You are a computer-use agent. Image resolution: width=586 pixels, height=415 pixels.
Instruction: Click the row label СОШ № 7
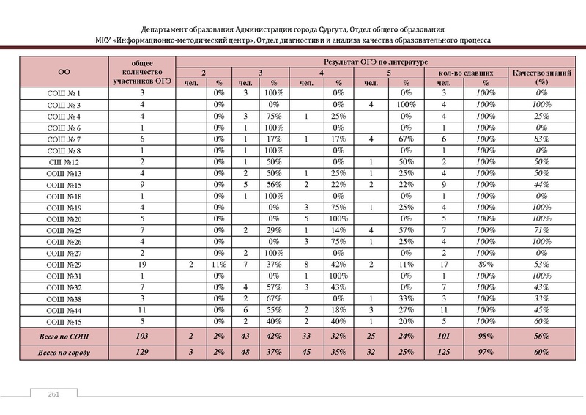pyautogui.click(x=64, y=139)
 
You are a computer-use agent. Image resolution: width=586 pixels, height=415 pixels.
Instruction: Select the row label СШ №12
pyautogui.click(x=64, y=162)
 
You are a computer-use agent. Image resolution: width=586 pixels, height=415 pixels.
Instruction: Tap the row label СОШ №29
pyautogui.click(x=64, y=264)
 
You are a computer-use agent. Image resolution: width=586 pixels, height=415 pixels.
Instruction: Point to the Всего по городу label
pyautogui.click(x=64, y=353)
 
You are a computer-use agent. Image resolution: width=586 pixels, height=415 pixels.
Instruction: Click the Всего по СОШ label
pyautogui.click(x=64, y=336)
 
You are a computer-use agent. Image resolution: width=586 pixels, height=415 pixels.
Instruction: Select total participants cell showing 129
pyautogui.click(x=143, y=353)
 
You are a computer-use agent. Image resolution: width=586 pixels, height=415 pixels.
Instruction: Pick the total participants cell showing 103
pyautogui.click(x=143, y=336)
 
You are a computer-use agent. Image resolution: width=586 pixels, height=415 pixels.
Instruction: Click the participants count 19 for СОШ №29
pyautogui.click(x=143, y=264)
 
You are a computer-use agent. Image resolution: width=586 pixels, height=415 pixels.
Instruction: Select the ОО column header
pyautogui.click(x=64, y=73)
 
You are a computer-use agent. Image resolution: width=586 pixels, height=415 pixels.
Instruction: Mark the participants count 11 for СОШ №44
pyautogui.click(x=143, y=309)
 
